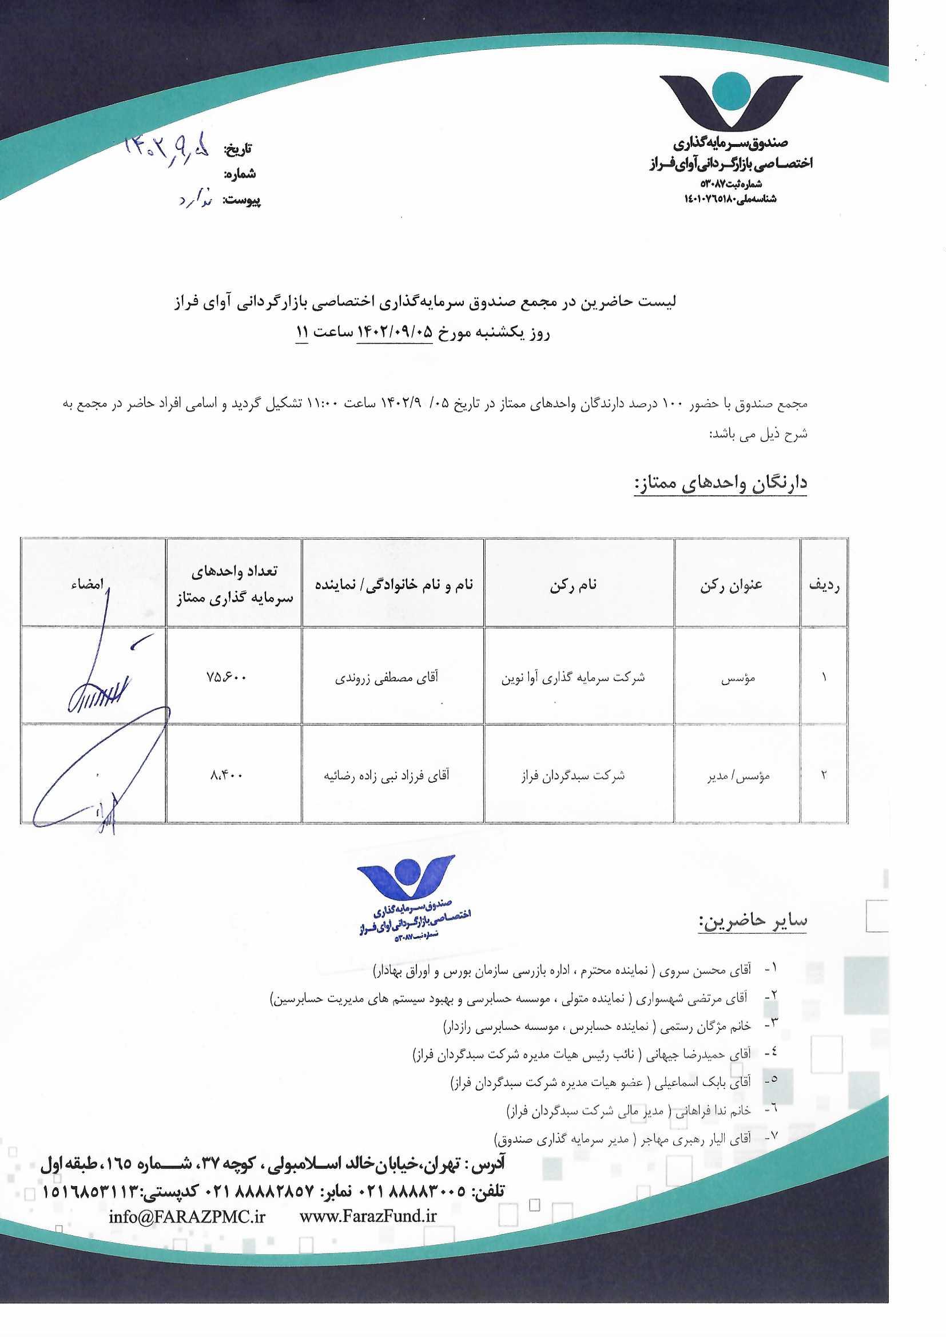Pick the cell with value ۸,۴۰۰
pyautogui.click(x=226, y=774)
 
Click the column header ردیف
pyautogui.click(x=824, y=585)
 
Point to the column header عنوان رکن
pyautogui.click(x=731, y=585)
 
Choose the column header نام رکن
pyautogui.click(x=573, y=585)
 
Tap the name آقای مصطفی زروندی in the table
pyautogui.click(x=386, y=677)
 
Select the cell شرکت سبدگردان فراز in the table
pyautogui.click(x=573, y=775)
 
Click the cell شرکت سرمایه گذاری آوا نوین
pyautogui.click(x=573, y=677)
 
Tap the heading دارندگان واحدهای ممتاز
pyautogui.click(x=721, y=483)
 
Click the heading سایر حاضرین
pyautogui.click(x=753, y=920)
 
